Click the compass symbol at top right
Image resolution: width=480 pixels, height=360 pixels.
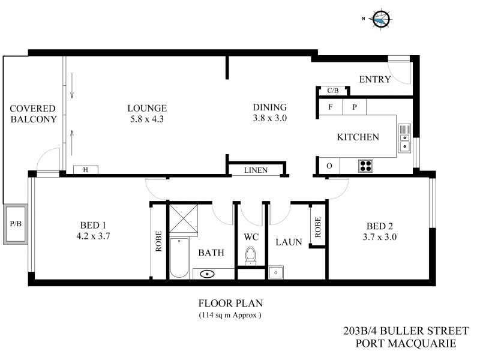(380, 20)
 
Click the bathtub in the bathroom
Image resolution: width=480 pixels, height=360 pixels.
(179, 258)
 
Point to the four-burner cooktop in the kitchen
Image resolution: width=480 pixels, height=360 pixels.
(365, 166)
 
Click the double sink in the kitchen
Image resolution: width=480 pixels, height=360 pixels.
(404, 137)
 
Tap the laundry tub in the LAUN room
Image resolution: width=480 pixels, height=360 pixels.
(277, 272)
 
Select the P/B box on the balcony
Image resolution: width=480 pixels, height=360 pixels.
(15, 224)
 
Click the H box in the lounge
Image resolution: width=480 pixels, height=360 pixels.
(86, 170)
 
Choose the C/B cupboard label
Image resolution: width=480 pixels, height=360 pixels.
(332, 91)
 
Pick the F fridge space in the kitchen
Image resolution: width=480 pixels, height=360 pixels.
(330, 107)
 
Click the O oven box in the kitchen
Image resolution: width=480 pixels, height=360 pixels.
(329, 166)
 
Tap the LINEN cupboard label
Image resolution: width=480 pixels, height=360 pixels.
(256, 170)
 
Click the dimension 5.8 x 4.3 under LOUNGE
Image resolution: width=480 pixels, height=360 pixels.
(146, 119)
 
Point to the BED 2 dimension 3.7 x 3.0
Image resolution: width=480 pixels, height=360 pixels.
(381, 236)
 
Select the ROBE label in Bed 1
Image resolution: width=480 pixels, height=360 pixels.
(158, 241)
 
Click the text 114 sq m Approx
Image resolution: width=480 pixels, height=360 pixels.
(230, 315)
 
